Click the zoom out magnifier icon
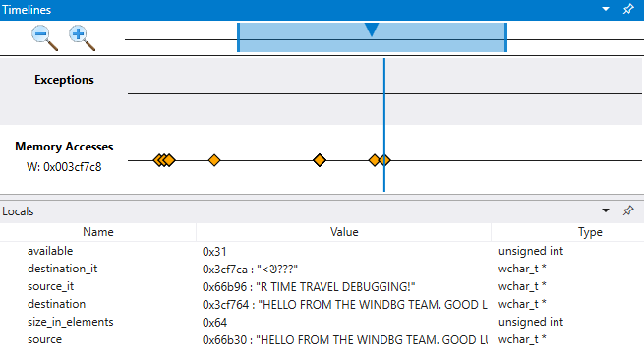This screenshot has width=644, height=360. tap(45, 37)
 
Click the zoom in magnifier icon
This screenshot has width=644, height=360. tap(82, 37)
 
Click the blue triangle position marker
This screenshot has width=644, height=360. tap(372, 30)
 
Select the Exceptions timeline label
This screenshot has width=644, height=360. tap(64, 80)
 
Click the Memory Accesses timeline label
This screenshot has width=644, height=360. tap(64, 147)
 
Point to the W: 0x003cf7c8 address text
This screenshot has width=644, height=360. tap(64, 166)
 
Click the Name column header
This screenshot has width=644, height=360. tap(98, 232)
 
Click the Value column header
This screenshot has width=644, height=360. tap(344, 232)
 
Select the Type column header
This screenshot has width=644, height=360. tap(590, 232)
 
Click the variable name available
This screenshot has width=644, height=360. tap(51, 251)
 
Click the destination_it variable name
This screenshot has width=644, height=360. tap(62, 269)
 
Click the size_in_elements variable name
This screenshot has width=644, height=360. tap(71, 322)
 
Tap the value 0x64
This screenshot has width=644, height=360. tap(214, 322)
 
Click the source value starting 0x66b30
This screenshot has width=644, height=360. tap(344, 339)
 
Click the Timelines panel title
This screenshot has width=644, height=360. tap(27, 9)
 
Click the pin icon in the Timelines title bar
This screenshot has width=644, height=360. tap(628, 9)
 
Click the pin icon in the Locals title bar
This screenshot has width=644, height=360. tap(628, 210)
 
